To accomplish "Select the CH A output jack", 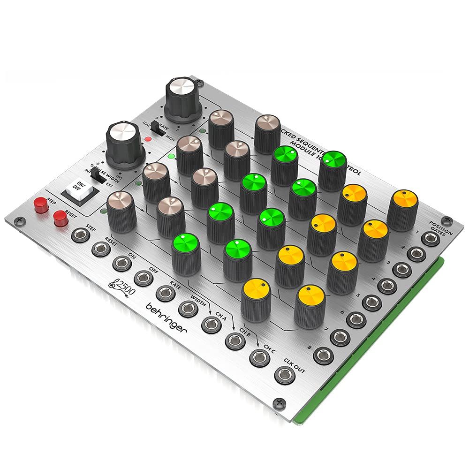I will (x=211, y=324).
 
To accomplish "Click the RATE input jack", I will (x=166, y=293).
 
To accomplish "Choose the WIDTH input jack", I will (x=188, y=308).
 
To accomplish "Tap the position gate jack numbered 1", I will (x=429, y=238).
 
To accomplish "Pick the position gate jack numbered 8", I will (x=323, y=355).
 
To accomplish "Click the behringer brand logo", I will (x=166, y=318).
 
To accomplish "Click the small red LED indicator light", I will (x=148, y=139).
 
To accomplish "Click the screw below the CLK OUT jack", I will (x=279, y=402).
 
